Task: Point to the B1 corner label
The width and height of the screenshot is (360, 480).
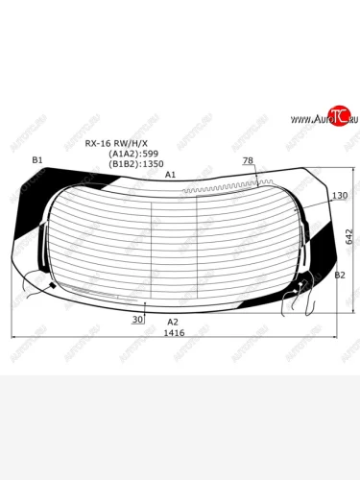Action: (x=37, y=159)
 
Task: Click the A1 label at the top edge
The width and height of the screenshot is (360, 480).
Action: (x=170, y=176)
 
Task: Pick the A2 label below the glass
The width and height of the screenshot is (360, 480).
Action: (x=173, y=322)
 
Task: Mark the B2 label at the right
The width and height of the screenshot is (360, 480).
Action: (x=339, y=276)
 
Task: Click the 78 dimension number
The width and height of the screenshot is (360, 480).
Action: (x=248, y=160)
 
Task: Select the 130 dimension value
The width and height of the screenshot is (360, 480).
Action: (x=339, y=196)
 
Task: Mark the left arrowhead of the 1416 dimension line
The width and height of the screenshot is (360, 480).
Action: (x=12, y=337)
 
